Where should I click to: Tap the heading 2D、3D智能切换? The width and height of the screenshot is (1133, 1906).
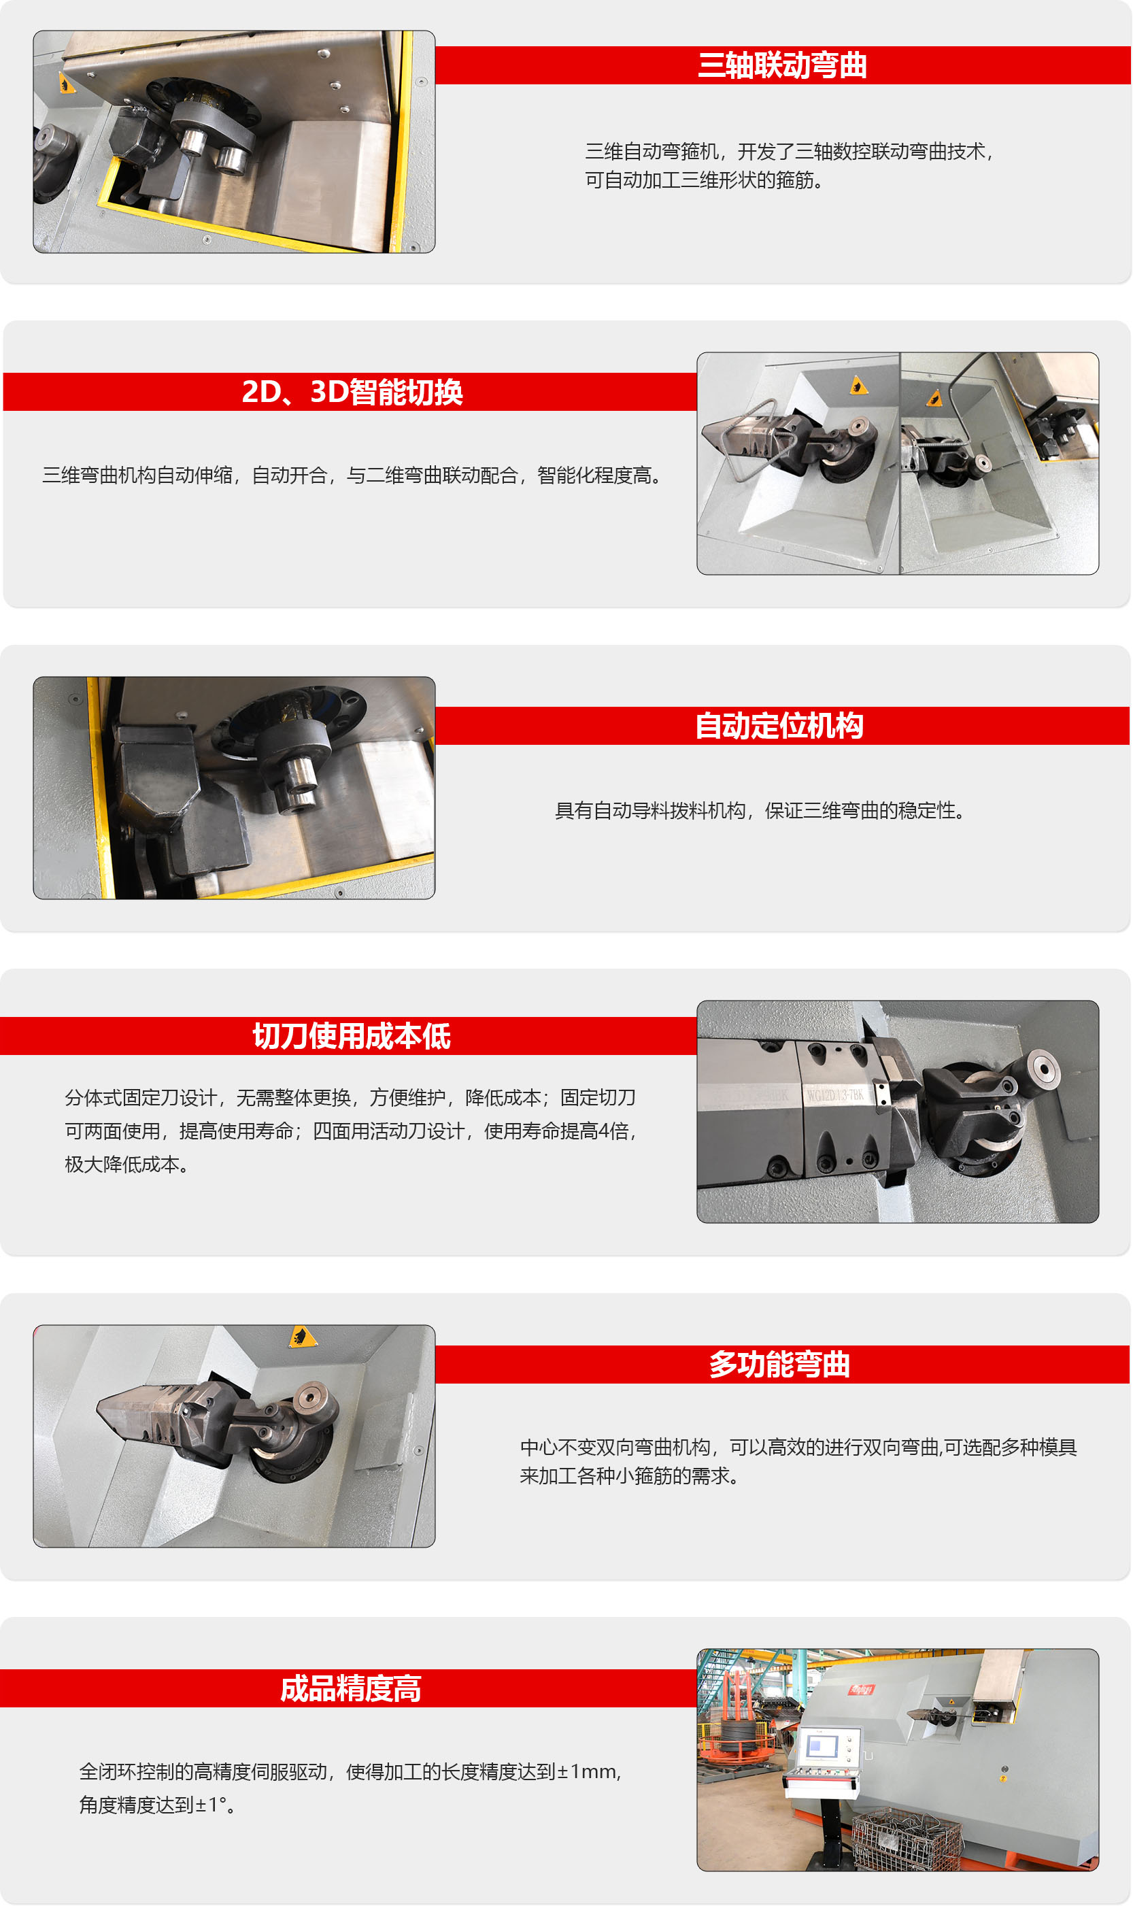pyautogui.click(x=352, y=392)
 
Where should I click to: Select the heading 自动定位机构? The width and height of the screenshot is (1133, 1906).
pyautogui.click(x=779, y=725)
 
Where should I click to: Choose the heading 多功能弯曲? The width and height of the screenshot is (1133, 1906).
pyautogui.click(x=779, y=1364)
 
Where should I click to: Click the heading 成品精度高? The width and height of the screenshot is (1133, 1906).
pyautogui.click(x=350, y=1688)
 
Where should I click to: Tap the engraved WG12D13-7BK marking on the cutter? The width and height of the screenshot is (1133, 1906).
pyautogui.click(x=834, y=1096)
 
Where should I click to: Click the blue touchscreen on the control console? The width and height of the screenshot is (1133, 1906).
pyautogui.click(x=823, y=1745)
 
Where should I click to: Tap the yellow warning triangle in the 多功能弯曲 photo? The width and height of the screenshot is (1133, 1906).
pyautogui.click(x=303, y=1337)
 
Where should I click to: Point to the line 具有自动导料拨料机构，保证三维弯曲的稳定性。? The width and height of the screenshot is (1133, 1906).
pyautogui.click(x=760, y=810)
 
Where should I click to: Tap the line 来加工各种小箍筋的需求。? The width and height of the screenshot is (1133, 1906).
pyautogui.click(x=630, y=1476)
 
